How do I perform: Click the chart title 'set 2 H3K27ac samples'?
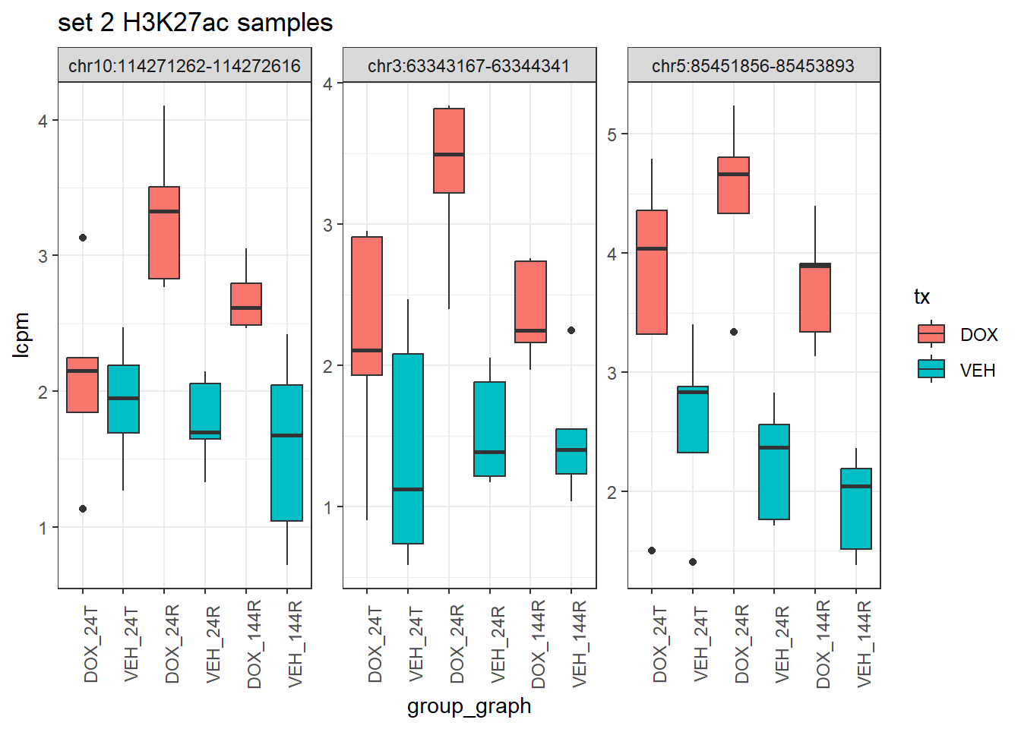point(195,23)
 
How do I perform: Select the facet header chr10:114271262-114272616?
point(185,66)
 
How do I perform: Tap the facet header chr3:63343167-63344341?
point(469,66)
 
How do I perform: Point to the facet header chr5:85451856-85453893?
point(753,66)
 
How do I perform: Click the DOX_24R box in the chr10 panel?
point(164,232)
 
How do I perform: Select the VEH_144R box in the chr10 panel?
point(287,453)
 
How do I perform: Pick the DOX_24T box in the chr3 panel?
point(367,306)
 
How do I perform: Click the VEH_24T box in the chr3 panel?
point(408,448)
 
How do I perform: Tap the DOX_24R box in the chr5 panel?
point(734,185)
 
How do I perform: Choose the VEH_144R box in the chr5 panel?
point(856,508)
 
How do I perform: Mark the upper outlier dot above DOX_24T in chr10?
point(83,238)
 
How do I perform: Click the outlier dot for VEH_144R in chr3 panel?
point(571,330)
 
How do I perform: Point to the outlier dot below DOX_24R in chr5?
point(734,332)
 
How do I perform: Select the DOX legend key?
point(931,334)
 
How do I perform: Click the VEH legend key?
point(931,370)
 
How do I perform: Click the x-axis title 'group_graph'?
point(469,706)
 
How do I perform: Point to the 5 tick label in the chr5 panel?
point(612,134)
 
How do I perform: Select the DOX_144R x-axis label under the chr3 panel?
point(539,644)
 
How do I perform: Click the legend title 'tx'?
point(921,297)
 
